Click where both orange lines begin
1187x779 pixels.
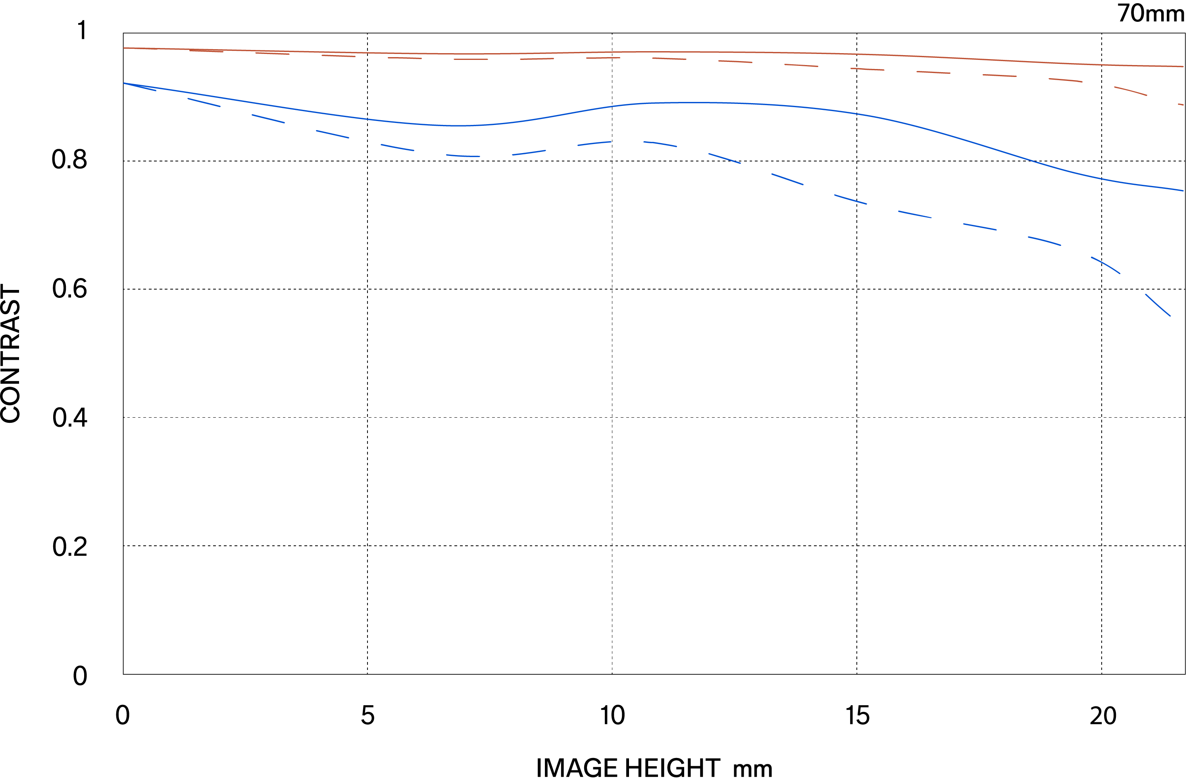124,48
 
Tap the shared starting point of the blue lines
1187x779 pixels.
124,83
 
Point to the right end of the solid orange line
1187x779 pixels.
1183,66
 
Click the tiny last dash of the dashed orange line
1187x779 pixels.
1181,104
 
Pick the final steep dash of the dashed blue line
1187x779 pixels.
1158,305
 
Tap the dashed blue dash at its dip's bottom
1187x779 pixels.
463,156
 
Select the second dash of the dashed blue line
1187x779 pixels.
204,102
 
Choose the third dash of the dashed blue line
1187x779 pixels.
268,118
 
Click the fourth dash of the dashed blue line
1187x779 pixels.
332,134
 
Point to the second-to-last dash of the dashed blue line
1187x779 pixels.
1106,265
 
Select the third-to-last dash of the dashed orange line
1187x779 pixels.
1065,80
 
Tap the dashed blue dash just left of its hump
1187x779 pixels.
594,144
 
